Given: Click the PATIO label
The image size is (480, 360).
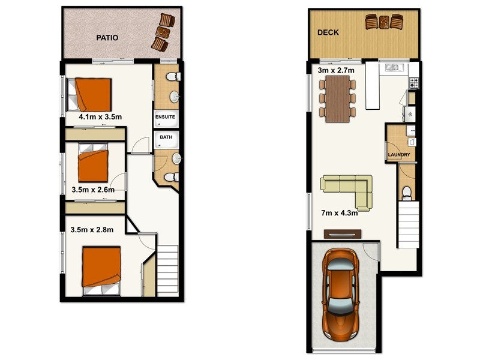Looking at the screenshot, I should (107, 38).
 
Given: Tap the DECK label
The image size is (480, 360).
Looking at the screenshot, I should (328, 33).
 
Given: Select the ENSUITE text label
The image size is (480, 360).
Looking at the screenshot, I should (165, 117).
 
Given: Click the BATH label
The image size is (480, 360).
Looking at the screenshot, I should (165, 137).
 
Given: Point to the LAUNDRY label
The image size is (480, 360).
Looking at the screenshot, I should (399, 155).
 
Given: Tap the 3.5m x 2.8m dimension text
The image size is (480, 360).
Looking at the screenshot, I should (92, 229).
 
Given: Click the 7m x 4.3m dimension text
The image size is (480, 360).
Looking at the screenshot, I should (340, 212).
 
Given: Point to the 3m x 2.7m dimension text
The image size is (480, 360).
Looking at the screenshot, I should (335, 70).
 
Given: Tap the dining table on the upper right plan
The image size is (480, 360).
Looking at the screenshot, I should (338, 99).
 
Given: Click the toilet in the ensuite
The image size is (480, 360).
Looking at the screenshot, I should (172, 77).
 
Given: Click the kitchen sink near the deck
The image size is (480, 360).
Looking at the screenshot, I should (394, 67).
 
